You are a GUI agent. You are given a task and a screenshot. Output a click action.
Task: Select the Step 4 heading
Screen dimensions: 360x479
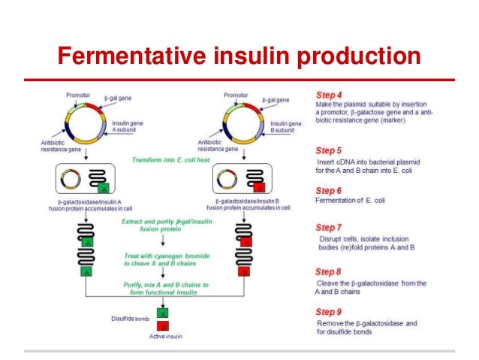pyautogui.click(x=329, y=95)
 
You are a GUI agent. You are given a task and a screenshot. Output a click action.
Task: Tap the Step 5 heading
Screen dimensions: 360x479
pyautogui.click(x=329, y=150)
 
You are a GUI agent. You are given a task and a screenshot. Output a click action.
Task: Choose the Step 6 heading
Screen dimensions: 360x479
pyautogui.click(x=329, y=191)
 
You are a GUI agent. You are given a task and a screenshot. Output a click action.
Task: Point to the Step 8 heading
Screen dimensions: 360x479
pyautogui.click(x=329, y=271)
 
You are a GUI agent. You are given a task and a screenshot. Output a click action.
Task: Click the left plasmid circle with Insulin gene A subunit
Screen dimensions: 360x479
pyautogui.click(x=87, y=123)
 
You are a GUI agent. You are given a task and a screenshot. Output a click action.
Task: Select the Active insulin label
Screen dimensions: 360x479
pyautogui.click(x=164, y=337)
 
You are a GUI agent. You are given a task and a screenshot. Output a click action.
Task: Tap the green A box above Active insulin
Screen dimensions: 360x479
pyautogui.click(x=164, y=312)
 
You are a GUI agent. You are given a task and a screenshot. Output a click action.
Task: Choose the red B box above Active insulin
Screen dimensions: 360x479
pyautogui.click(x=164, y=325)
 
